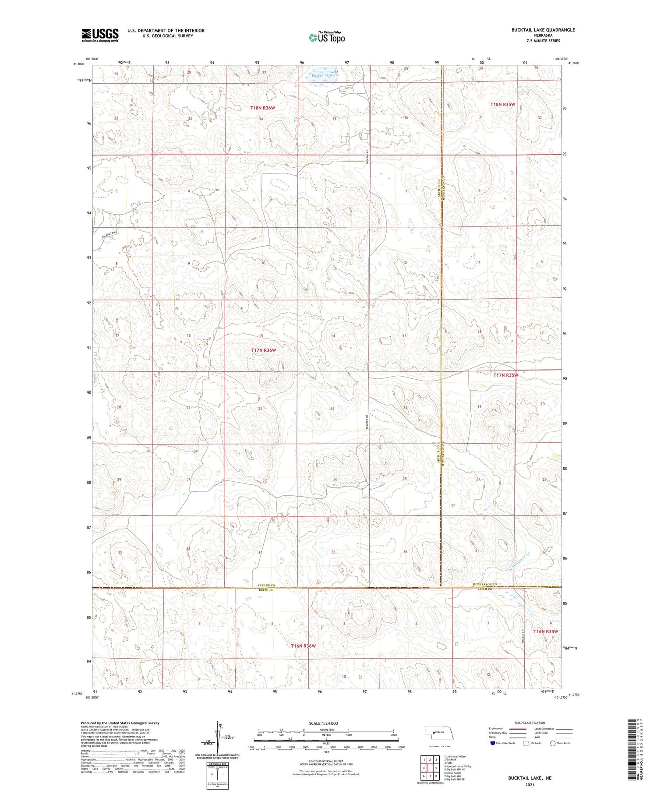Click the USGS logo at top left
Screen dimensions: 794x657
click(100, 35)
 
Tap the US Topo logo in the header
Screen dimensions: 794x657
click(326, 37)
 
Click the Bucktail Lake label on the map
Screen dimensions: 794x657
click(323, 75)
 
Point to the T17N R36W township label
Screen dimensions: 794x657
click(264, 350)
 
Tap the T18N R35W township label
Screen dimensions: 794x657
click(502, 104)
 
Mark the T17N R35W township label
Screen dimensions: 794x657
click(505, 375)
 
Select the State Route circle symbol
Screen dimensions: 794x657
click(553, 743)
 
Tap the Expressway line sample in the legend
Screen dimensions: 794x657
click(517, 729)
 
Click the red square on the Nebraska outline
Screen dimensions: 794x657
click(433, 732)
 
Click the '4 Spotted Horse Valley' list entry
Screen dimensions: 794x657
click(457, 766)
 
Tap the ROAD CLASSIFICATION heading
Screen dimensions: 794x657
click(530, 723)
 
